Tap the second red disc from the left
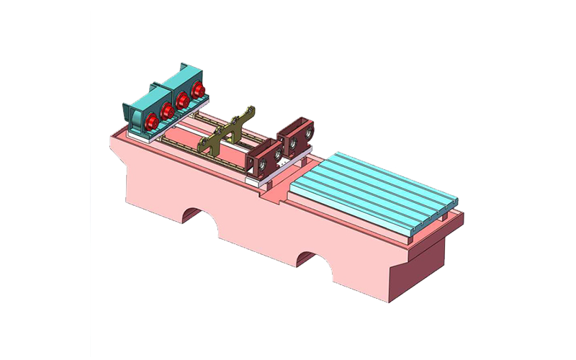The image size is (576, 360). [166, 110]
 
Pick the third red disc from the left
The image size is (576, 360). [183, 101]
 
